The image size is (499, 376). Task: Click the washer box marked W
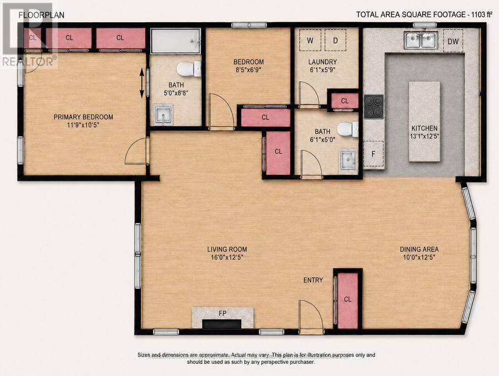click(x=310, y=40)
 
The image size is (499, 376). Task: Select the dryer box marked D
click(x=335, y=40)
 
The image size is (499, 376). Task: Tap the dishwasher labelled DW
click(x=453, y=41)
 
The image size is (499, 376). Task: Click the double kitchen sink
click(x=421, y=40)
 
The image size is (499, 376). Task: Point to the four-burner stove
click(x=374, y=107)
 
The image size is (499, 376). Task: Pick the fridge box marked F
click(x=373, y=154)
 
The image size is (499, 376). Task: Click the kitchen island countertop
click(x=425, y=122)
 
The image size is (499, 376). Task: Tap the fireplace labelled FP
click(x=222, y=317)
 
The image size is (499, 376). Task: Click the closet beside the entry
click(x=348, y=300)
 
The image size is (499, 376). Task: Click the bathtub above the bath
click(x=175, y=41)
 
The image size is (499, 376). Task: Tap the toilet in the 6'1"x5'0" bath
click(x=348, y=129)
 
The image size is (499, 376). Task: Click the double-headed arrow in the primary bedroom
click(x=142, y=83)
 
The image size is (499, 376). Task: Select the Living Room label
click(x=227, y=249)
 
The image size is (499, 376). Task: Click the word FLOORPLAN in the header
click(x=42, y=15)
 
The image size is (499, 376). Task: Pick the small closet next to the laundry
click(x=345, y=101)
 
